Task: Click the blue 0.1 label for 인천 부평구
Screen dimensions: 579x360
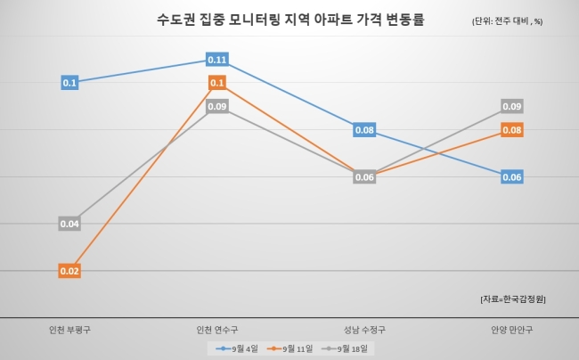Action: (x=69, y=83)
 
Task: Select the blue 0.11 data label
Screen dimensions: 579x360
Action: (x=217, y=60)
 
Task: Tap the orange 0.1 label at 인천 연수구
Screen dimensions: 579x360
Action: (x=217, y=83)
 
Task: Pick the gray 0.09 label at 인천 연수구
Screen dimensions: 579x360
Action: (x=217, y=106)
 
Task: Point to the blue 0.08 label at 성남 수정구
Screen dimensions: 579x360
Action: (x=364, y=130)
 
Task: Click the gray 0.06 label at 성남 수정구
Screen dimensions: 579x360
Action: (x=364, y=177)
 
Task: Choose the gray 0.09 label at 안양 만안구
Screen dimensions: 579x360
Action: (x=512, y=106)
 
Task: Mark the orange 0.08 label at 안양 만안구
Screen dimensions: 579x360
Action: (x=512, y=130)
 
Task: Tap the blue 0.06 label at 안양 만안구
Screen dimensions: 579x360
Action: (x=512, y=177)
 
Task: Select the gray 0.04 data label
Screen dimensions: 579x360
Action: (x=69, y=224)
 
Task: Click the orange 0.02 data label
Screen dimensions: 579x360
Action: (x=69, y=271)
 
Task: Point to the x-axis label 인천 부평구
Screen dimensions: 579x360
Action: (x=69, y=330)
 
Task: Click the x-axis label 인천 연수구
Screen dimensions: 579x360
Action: (x=217, y=330)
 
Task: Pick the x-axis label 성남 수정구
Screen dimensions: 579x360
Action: (x=364, y=330)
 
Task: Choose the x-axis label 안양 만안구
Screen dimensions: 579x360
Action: (x=512, y=330)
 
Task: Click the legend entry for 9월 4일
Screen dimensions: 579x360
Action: (x=237, y=348)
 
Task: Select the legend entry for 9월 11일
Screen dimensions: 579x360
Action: (x=289, y=348)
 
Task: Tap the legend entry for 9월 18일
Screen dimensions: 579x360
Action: (x=345, y=348)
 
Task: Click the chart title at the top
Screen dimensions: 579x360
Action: (x=290, y=20)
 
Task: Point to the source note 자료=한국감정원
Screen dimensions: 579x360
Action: (x=513, y=299)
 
